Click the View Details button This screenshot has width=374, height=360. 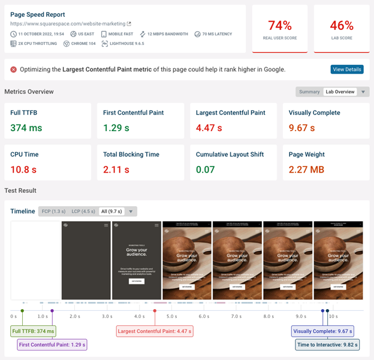347,69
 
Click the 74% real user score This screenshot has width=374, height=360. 280,25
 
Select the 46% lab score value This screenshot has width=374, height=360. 341,25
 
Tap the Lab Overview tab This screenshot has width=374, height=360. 340,92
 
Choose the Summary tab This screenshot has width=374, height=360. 309,92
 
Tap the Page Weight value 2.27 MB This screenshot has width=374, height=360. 306,169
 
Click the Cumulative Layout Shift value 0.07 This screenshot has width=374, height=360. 206,169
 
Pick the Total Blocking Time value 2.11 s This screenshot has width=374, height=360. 116,169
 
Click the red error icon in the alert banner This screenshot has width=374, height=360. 13,69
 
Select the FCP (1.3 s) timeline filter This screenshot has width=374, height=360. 53,211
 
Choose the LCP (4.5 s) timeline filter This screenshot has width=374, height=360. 83,211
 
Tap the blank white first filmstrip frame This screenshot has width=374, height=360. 35,261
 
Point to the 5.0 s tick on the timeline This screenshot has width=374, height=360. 171,316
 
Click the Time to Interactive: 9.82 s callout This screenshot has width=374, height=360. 327,344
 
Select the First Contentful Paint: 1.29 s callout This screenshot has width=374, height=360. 52,344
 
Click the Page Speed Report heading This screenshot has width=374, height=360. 38,14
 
